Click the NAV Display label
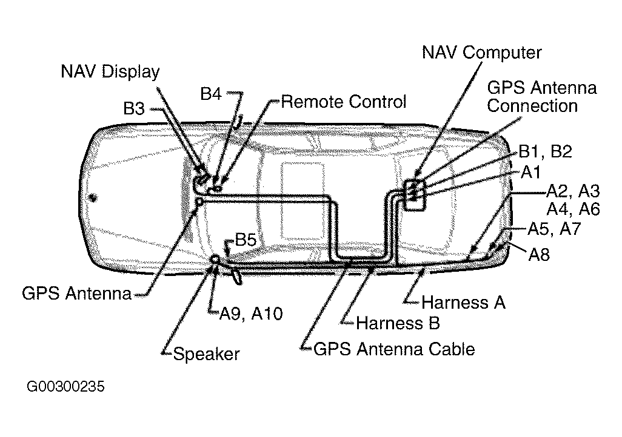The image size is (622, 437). coord(110,71)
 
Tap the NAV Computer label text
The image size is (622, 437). coord(481,53)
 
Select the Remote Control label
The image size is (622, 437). coord(344,102)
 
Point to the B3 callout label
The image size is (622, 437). coord(134,108)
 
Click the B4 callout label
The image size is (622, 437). coord(210,94)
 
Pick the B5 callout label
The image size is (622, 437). coord(246,240)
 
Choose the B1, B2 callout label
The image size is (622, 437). coord(545,152)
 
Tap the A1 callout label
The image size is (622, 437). coord(531,172)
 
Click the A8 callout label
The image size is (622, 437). coord(539,255)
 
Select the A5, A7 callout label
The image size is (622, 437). coord(554,229)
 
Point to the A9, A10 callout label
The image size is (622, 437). coord(251,314)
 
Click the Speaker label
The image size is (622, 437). coord(206,354)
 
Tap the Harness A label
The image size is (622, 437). coord(463,303)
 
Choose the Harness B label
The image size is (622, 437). coord(398,323)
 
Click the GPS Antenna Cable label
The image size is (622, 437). coord(394,349)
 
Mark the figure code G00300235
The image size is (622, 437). coord(65,386)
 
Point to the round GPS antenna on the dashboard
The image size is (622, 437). coord(199,202)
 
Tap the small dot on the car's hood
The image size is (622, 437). coord(93,197)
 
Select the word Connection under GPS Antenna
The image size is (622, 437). coord(532,106)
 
